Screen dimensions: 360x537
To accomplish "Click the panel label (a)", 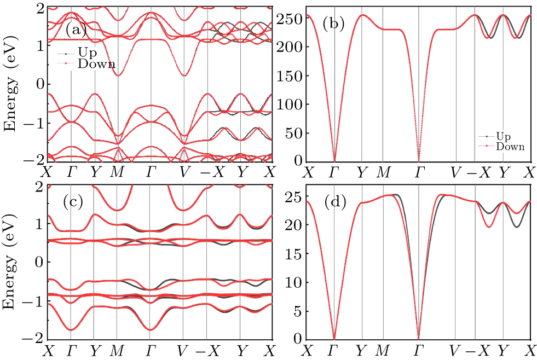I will (76, 30).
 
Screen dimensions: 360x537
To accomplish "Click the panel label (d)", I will (336, 202).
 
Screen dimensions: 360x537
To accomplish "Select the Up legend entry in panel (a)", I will (88, 54).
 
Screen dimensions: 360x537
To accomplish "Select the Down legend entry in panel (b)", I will (510, 146).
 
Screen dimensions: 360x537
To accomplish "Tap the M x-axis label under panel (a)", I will (117, 172).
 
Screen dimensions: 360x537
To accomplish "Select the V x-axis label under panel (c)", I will (183, 350).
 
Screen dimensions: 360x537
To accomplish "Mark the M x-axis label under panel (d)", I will (383, 350).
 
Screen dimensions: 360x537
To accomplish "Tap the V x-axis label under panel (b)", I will (454, 172).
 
